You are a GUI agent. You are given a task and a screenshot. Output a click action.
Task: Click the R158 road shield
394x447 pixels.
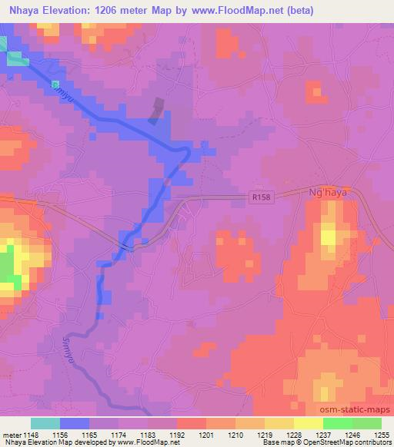[261, 197]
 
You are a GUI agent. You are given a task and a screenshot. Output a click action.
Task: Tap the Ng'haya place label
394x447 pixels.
[327, 194]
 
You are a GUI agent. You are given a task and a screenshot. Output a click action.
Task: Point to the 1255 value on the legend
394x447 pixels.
[382, 433]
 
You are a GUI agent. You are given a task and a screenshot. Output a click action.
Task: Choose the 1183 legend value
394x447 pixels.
[151, 433]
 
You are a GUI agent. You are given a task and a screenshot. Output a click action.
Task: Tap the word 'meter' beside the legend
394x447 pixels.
[12, 433]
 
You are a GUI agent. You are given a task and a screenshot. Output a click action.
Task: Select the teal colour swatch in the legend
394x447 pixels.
[45, 423]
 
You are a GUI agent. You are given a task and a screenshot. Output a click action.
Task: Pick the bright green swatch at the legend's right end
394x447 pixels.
[366, 423]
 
